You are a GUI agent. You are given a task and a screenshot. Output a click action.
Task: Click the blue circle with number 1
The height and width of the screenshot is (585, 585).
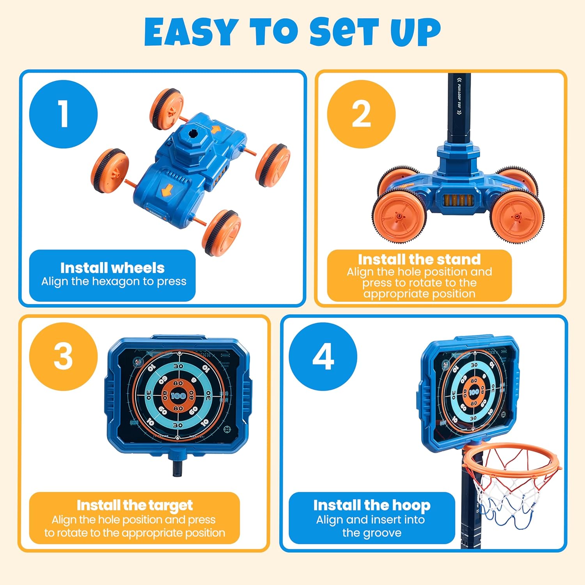click(63, 114)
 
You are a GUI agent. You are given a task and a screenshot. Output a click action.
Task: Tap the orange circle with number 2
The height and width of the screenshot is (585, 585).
click(361, 114)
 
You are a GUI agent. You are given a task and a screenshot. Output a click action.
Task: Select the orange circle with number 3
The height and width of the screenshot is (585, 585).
click(63, 356)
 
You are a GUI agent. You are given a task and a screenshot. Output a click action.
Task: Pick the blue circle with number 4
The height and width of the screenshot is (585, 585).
click(323, 356)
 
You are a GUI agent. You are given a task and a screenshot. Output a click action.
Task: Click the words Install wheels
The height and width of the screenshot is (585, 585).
click(112, 268)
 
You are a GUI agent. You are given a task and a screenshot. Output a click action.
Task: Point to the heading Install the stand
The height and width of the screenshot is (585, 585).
click(419, 259)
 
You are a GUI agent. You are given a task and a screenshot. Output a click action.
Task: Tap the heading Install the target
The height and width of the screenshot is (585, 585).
click(135, 505)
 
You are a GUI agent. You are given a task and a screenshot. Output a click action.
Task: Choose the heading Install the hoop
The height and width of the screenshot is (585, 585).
click(372, 505)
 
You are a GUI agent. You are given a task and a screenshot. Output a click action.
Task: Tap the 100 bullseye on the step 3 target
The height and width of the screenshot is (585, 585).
click(178, 395)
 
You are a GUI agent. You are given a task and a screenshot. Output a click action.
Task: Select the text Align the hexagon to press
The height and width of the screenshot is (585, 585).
click(114, 282)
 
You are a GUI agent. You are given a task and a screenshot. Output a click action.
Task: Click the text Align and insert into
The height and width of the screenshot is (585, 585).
click(370, 520)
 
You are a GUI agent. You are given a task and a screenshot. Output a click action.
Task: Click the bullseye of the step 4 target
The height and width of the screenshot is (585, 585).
click(474, 392)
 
